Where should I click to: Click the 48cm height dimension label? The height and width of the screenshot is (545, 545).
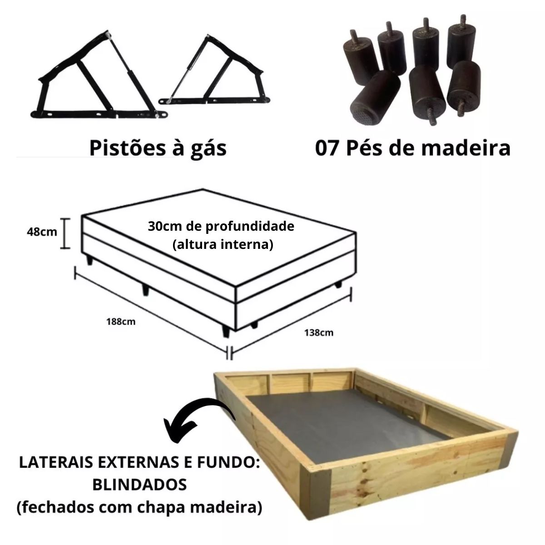tap(42, 232)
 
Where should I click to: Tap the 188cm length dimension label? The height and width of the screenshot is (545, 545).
tap(121, 322)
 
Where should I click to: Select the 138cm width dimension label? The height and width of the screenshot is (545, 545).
tap(319, 332)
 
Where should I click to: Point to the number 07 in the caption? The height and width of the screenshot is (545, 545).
tap(327, 149)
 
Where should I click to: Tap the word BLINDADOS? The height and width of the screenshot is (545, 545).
tap(139, 485)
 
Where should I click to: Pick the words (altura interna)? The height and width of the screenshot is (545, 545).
tap(223, 244)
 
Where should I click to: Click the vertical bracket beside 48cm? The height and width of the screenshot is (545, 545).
tap(65, 233)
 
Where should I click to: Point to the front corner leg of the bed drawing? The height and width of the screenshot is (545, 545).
tap(226, 332)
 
